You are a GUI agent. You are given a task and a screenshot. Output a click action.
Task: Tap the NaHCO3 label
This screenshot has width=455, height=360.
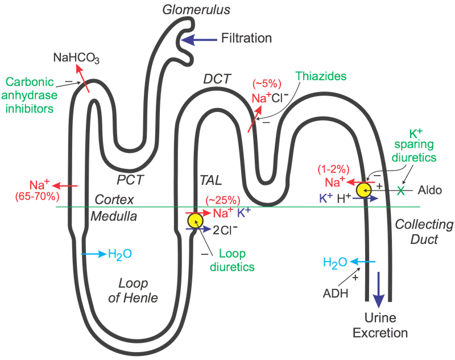73,57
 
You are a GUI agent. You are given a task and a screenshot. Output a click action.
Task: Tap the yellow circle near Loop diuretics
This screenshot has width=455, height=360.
197,221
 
